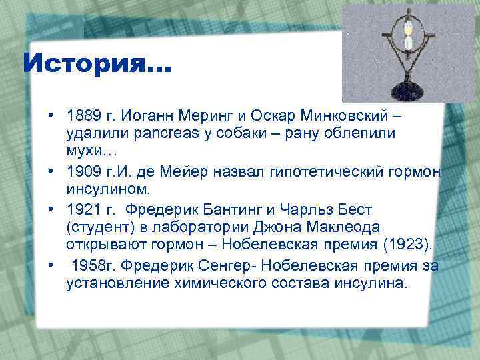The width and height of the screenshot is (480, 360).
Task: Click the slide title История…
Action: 97,64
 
